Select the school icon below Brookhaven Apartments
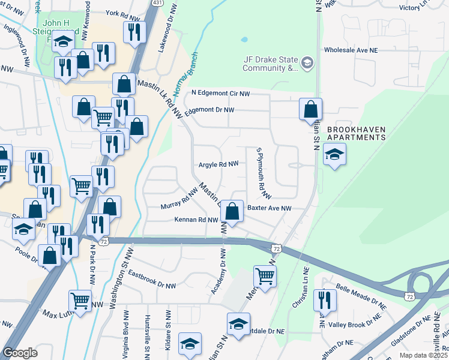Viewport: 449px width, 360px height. [334, 155]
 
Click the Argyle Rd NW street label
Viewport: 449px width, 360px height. [218, 164]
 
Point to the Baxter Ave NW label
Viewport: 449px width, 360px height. [269, 208]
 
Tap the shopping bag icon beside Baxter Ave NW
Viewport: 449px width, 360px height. [234, 210]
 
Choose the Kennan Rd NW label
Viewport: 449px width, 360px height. [196, 220]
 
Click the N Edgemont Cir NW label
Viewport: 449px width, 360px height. [220, 93]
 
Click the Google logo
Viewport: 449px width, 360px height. [20, 353]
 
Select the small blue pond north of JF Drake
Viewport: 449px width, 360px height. [244, 40]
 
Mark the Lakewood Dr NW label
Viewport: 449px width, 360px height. [168, 34]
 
